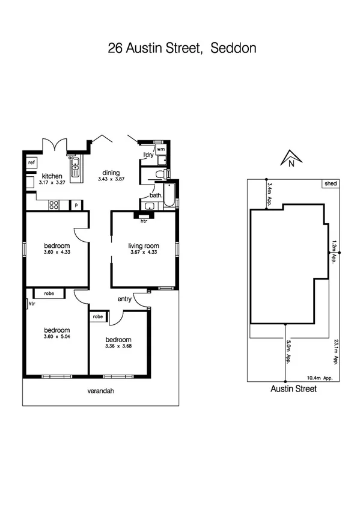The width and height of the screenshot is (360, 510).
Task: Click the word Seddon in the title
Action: point(233,48)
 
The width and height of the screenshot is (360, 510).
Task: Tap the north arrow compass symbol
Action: point(290,158)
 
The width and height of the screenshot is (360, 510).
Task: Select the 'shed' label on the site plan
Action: point(330,183)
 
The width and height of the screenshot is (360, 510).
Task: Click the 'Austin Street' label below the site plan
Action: point(293,389)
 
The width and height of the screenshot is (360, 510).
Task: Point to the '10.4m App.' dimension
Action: point(320,378)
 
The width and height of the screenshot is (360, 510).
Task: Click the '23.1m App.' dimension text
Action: point(334,352)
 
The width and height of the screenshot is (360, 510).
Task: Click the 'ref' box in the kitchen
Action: point(31,162)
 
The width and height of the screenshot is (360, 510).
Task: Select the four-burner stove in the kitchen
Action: point(53,204)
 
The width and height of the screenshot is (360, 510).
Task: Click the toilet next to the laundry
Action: point(159,174)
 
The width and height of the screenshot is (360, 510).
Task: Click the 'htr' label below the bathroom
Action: point(144,221)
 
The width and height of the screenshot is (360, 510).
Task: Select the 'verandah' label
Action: point(100,391)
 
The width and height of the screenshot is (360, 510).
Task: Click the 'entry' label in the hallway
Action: point(124,299)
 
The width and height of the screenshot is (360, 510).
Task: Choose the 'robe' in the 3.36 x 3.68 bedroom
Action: point(97,316)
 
